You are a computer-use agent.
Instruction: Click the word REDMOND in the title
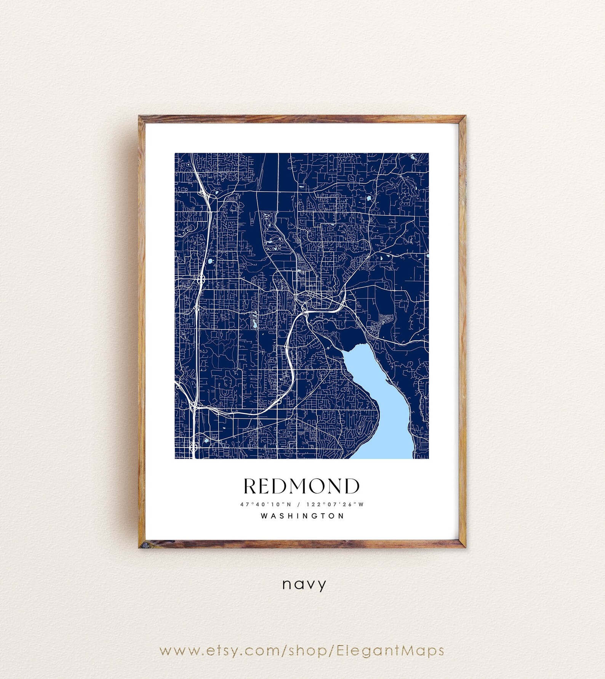point(301,486)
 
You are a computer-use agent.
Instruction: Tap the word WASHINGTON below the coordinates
point(302,516)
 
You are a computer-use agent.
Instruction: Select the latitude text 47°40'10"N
point(266,504)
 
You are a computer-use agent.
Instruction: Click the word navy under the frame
point(304,584)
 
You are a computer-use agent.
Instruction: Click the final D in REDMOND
point(352,486)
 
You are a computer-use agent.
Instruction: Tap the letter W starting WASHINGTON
point(264,516)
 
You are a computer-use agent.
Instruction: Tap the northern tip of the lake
point(362,344)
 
